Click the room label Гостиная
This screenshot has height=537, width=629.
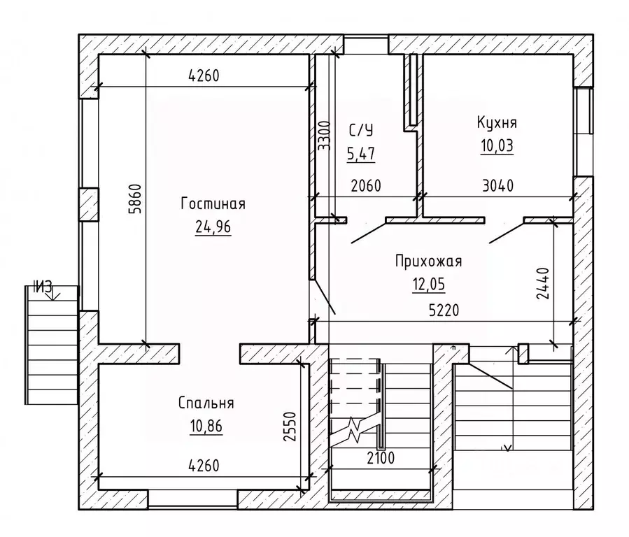pos(213,203)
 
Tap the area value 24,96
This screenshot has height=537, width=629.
pos(213,227)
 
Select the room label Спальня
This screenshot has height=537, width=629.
pos(206,403)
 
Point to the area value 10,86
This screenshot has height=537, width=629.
pos(206,426)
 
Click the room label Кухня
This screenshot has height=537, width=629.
pos(497,122)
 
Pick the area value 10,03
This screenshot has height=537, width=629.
pos(497,146)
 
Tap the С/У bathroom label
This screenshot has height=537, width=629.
pos(361,130)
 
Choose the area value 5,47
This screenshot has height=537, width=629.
pos(361,154)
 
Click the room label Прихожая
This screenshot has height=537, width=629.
pos(428,261)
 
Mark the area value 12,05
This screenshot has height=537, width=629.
pos(428,285)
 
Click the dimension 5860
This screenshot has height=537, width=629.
pos(136,199)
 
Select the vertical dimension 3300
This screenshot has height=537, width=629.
pos(324,136)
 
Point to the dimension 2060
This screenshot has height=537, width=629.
pos(366,186)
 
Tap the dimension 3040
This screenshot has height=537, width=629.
pos(498,186)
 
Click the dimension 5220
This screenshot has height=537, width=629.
pos(444,310)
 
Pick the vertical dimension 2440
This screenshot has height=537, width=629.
pos(542,284)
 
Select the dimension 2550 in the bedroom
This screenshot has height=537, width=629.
pos(290,427)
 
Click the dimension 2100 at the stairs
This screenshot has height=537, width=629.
pos(381,458)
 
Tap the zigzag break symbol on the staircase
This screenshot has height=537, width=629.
pos(355,430)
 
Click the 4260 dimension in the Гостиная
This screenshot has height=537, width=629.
pos(204,76)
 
